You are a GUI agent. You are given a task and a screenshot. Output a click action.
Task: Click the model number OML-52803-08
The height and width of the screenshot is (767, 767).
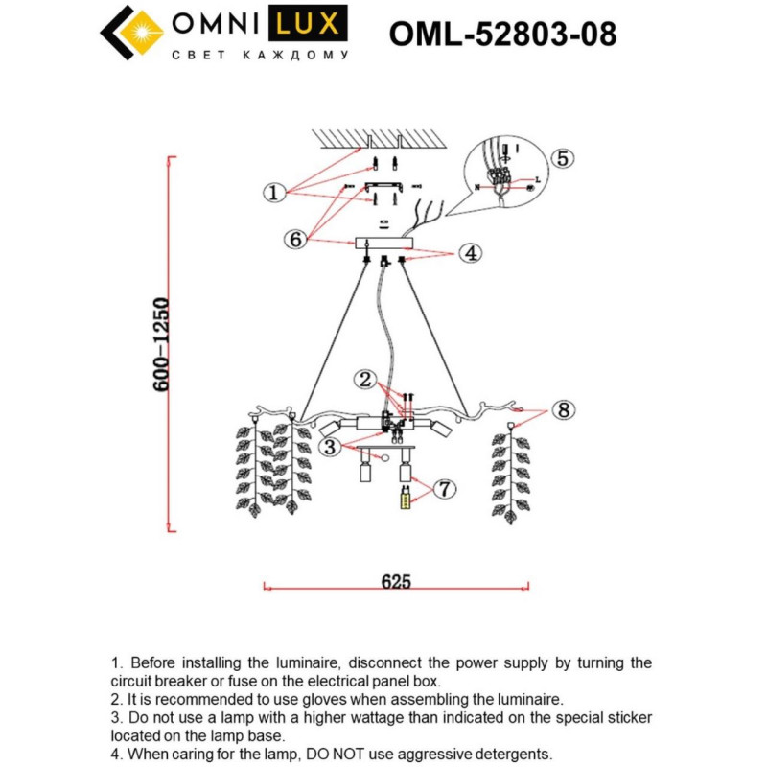pos(502,34)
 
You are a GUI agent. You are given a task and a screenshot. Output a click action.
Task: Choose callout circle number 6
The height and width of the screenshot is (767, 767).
pos(295,240)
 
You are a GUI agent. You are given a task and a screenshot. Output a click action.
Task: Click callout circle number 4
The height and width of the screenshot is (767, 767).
pos(470,253)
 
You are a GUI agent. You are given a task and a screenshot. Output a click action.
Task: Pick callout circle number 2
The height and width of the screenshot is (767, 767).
pos(363,379)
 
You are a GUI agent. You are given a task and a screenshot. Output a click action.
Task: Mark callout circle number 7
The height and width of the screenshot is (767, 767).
pos(443,489)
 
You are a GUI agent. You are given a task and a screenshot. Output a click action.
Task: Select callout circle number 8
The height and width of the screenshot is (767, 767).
pos(563,410)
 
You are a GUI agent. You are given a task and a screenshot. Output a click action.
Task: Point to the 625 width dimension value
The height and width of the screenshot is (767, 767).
pos(395,581)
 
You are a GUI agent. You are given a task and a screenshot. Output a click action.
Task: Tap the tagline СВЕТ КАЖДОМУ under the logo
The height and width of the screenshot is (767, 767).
pos(260,56)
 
